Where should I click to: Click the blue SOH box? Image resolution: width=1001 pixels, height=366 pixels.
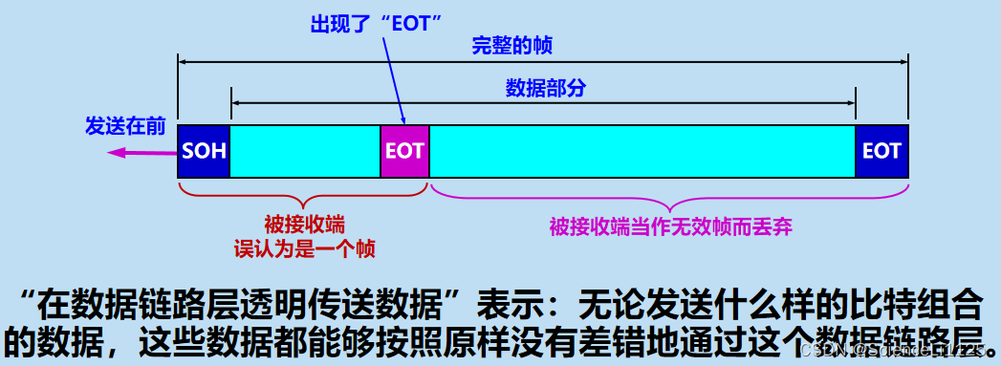coord(204,151)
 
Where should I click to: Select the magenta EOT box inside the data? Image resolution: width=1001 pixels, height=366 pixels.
coord(404,151)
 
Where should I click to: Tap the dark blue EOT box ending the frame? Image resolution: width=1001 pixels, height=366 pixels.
coord(881,151)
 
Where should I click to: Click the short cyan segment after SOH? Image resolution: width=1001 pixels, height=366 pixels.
coord(305,151)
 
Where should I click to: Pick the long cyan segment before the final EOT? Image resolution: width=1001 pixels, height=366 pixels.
coord(642,151)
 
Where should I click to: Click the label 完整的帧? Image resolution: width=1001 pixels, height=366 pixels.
coord(512,45)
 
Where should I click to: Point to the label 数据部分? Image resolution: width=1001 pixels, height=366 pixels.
coord(545,89)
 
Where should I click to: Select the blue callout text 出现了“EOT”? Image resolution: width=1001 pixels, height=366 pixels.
coord(375,23)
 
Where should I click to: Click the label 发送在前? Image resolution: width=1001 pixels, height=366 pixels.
coord(125,126)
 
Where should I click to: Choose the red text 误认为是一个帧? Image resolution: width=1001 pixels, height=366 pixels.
coord(304,249)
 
